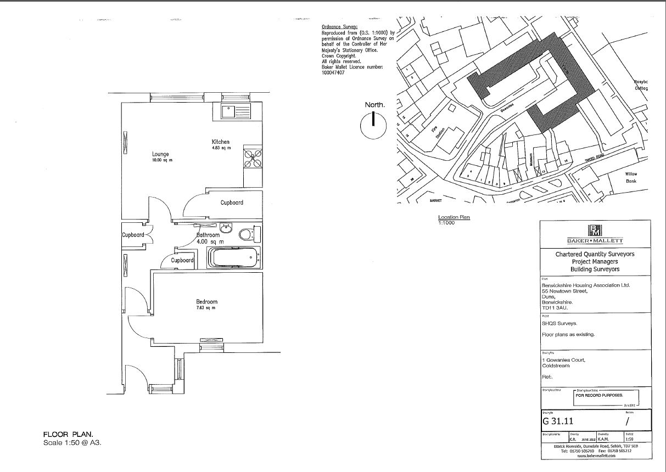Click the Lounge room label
[x=161, y=154]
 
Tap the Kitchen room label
[x=220, y=142]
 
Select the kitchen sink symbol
[x=236, y=112]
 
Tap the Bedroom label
[x=207, y=301]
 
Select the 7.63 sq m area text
[x=207, y=308]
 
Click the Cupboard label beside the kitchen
[x=232, y=203]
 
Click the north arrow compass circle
[x=373, y=126]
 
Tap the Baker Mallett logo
[x=595, y=231]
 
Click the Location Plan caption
[x=454, y=218]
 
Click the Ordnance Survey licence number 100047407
[x=333, y=72]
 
